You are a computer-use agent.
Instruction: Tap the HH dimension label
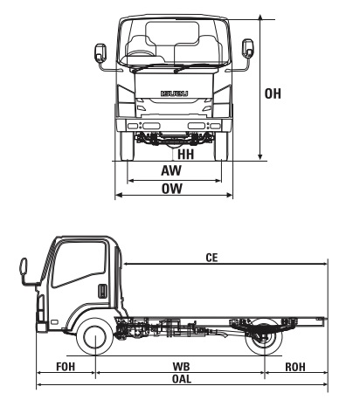click(x=184, y=155)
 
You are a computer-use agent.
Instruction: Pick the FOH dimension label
click(x=65, y=366)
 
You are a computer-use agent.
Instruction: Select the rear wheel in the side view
click(x=265, y=337)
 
